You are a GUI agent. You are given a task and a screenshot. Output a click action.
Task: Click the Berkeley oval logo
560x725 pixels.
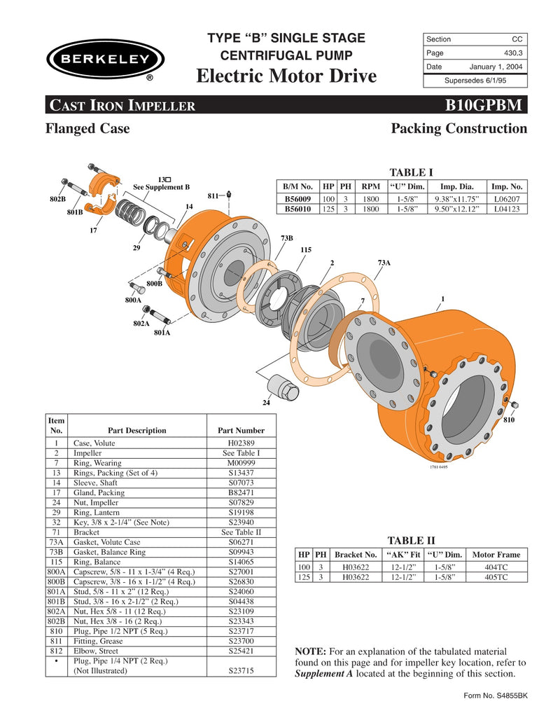[101, 58]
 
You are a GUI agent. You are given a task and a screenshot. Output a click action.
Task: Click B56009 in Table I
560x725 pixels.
[298, 199]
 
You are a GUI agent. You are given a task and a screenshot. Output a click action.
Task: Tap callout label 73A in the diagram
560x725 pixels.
[384, 263]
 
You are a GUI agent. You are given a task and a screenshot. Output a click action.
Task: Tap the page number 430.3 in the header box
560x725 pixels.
[512, 53]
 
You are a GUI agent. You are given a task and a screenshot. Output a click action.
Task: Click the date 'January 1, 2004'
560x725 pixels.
[496, 67]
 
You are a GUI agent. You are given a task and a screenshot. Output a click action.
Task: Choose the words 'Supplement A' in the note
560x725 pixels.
[328, 674]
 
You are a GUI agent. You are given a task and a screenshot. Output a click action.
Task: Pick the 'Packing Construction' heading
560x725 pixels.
[458, 129]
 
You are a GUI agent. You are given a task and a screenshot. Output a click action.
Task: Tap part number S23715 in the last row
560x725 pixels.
[241, 670]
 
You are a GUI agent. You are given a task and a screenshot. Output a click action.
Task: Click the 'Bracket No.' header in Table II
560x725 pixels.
[356, 554]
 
